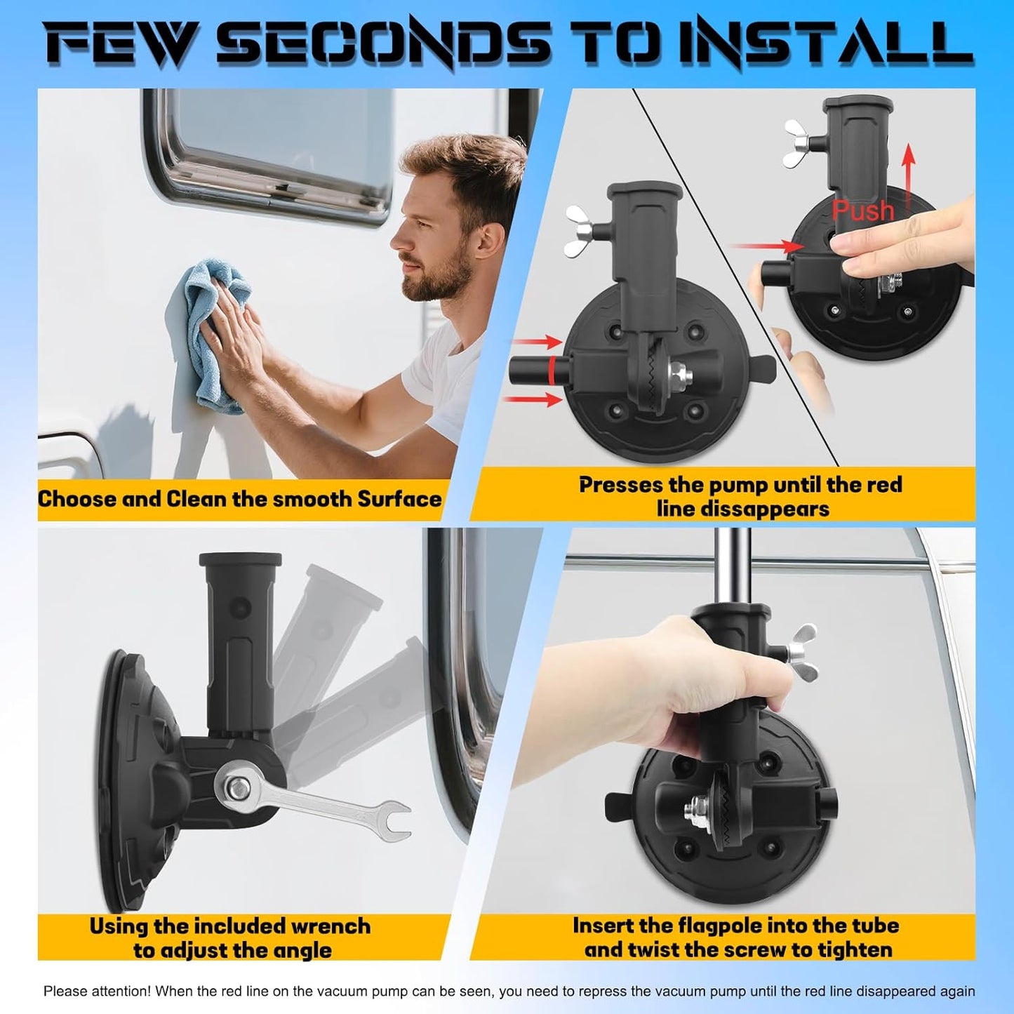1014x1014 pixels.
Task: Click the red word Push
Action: point(863,211)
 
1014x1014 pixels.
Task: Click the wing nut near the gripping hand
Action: point(801,651)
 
